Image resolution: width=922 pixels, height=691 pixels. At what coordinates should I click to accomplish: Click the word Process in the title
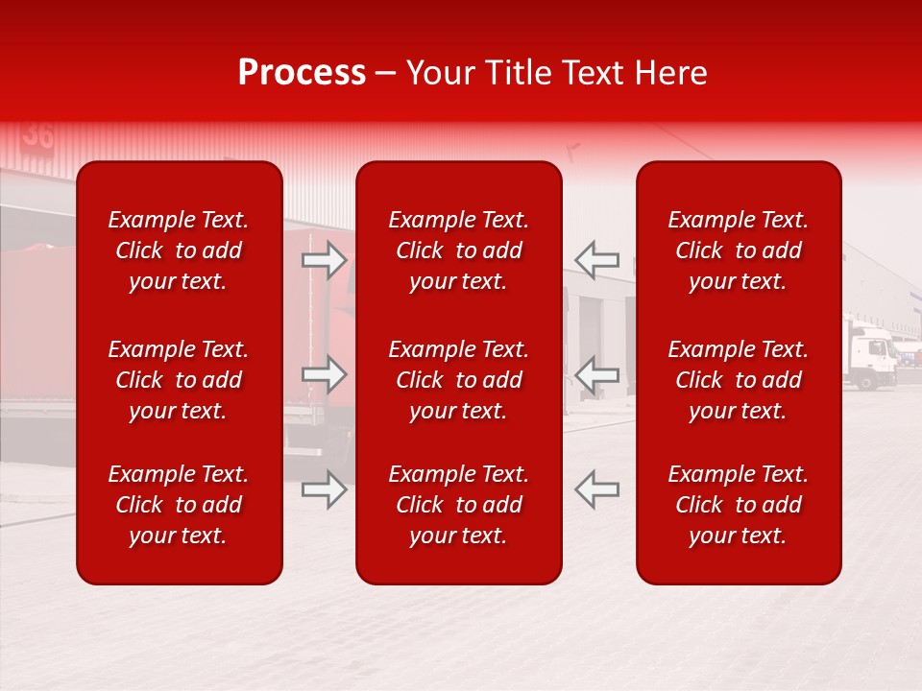tap(302, 73)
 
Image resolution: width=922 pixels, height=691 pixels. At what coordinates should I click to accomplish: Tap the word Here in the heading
tap(670, 73)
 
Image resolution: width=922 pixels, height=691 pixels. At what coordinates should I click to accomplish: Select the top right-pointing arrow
tap(325, 260)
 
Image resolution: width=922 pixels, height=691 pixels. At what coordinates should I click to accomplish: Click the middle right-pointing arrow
tap(325, 374)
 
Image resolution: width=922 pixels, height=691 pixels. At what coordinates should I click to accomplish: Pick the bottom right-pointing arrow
tap(325, 489)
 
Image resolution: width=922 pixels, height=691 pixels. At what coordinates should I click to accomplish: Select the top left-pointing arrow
tap(596, 260)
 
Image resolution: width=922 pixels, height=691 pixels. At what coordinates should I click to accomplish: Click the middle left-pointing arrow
tap(596, 374)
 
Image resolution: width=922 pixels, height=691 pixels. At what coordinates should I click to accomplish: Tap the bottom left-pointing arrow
tap(596, 489)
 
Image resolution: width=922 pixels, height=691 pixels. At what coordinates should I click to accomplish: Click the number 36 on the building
tap(37, 135)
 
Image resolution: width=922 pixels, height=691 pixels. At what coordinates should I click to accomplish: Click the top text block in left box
tap(179, 250)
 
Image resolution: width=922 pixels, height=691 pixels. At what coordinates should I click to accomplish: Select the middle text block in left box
tap(179, 380)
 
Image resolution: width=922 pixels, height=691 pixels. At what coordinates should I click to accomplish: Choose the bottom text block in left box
tap(179, 505)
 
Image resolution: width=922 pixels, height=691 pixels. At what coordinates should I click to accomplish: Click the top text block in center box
tap(459, 250)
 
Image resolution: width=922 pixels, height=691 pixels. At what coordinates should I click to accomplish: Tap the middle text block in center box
tap(459, 380)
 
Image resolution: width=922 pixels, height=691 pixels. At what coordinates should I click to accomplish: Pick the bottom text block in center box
tap(459, 505)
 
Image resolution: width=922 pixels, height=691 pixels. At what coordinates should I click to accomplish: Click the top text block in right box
tap(739, 250)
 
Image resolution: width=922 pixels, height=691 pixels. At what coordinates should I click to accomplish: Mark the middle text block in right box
tap(739, 380)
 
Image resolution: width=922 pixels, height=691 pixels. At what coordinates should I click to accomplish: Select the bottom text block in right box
tap(739, 505)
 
